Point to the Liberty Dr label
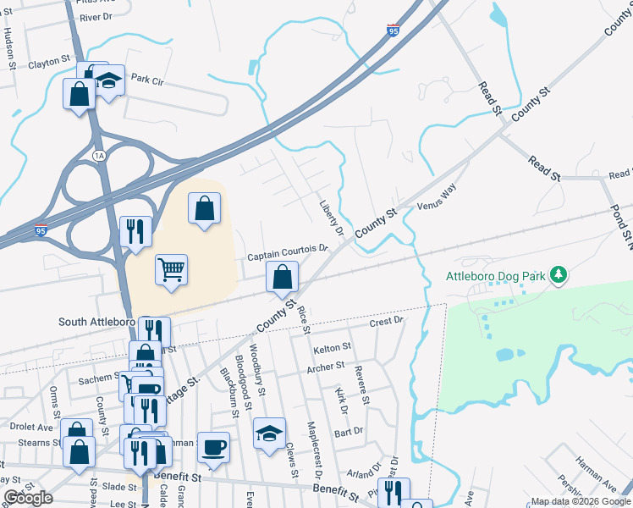(331, 218)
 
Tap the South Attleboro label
(96, 322)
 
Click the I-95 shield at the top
(393, 30)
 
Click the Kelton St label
(331, 348)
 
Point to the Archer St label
(326, 367)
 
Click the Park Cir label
(146, 80)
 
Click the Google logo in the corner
(29, 498)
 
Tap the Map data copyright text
(580, 501)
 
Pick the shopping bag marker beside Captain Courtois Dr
(282, 277)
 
